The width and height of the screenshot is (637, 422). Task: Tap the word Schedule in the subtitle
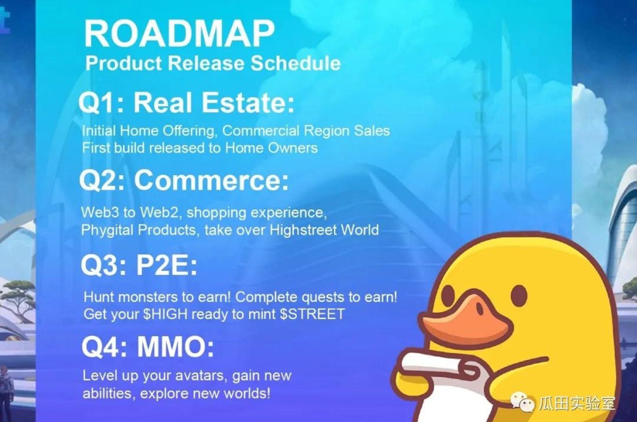[296, 63]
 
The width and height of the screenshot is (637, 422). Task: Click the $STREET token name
[312, 314]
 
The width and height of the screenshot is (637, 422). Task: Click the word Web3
[100, 212]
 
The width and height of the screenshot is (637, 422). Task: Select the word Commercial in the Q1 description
[261, 131]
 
